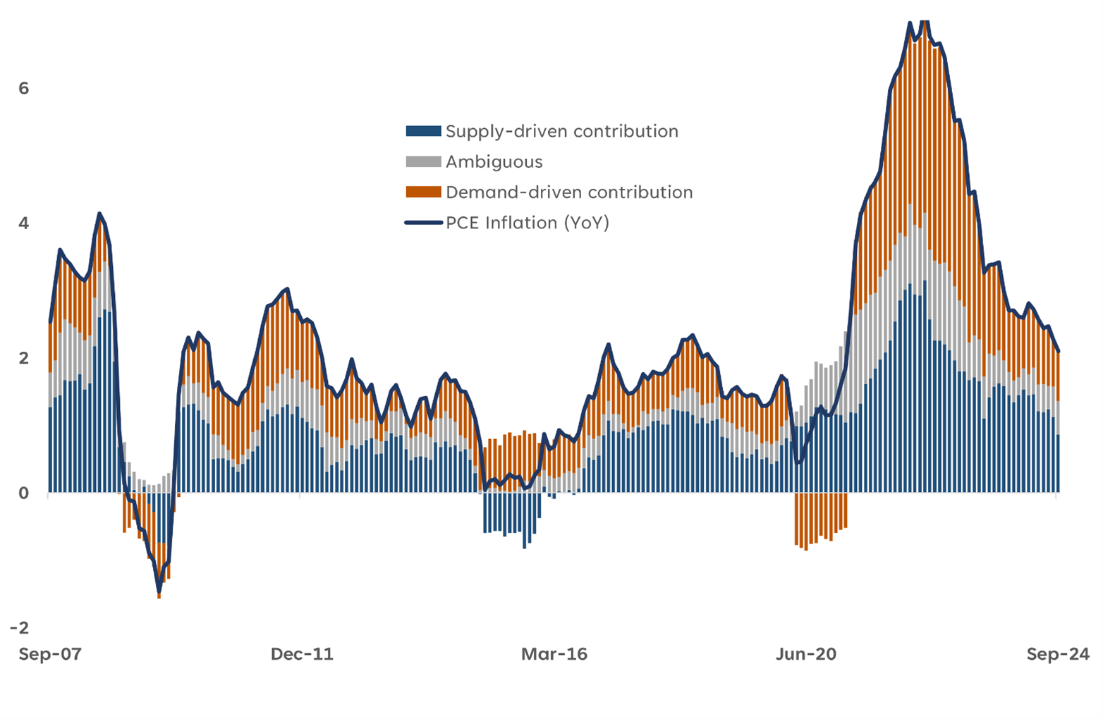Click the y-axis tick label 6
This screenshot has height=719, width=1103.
[x=24, y=88]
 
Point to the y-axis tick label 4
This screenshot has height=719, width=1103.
[x=24, y=223]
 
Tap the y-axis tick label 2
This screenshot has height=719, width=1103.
[x=24, y=357]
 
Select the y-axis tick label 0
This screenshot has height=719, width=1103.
[x=24, y=493]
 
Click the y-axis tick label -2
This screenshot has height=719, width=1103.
[x=20, y=627]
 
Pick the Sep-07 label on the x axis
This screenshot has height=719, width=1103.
[x=50, y=654]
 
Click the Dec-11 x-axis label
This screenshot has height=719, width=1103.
[x=302, y=654]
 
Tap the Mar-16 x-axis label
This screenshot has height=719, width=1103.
[x=554, y=654]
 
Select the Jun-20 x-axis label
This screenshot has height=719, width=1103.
[x=805, y=654]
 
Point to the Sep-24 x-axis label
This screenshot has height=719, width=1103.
[x=1057, y=654]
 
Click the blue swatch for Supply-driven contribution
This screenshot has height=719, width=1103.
[x=423, y=131]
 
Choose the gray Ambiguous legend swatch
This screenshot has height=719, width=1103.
[x=423, y=161]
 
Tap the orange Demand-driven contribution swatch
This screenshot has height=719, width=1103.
[x=423, y=192]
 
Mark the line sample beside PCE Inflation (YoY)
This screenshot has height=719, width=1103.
[x=423, y=223]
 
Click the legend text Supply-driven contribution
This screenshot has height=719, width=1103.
[x=561, y=131]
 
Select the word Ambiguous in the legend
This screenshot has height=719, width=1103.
[x=494, y=161]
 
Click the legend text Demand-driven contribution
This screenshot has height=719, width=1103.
[x=569, y=192]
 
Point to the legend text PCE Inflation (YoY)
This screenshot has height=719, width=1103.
[x=527, y=223]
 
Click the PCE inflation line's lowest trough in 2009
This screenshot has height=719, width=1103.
[x=159, y=591]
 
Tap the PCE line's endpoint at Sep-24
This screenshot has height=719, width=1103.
[x=1058, y=351]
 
